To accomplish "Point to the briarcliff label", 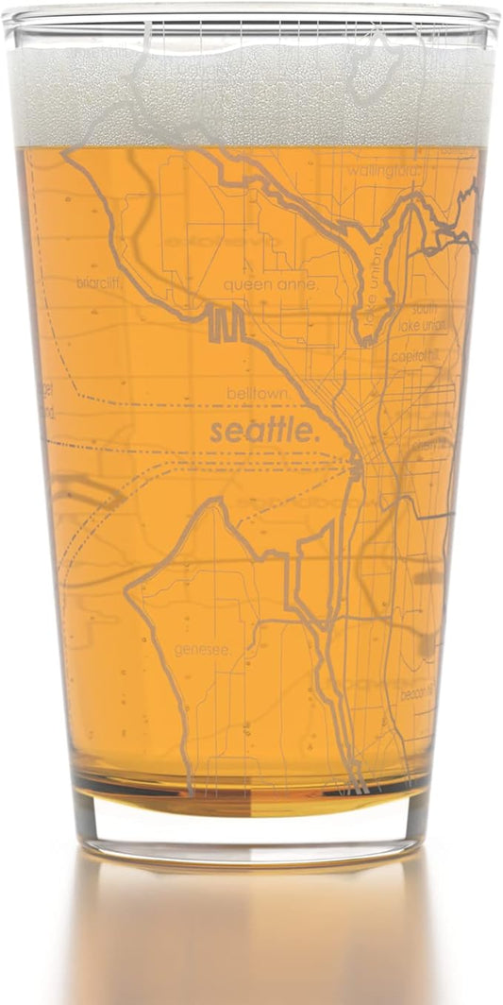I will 102,281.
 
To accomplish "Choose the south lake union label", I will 430,317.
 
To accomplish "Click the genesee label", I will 202,648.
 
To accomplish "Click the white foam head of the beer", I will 251,94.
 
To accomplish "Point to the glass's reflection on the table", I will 251,935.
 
